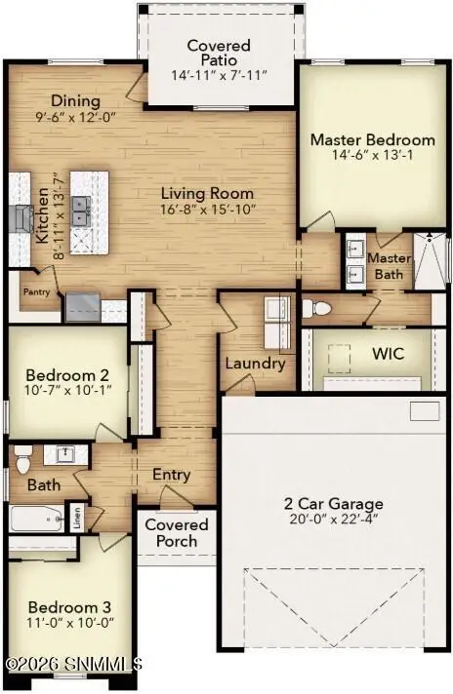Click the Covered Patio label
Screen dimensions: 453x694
(219, 53)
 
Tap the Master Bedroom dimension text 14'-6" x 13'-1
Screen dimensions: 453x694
(373, 155)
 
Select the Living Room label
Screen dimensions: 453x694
(207, 193)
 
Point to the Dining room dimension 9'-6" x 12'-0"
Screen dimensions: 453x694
(75, 117)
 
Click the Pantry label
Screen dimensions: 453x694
(36, 291)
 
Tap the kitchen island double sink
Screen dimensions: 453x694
(82, 212)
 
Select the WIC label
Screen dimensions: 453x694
(389, 354)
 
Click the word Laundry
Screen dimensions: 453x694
(255, 364)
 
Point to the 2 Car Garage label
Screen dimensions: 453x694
(333, 503)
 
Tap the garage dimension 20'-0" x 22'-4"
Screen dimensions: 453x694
(333, 519)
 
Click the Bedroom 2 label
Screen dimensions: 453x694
(67, 375)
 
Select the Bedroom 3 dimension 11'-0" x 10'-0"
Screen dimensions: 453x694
(70, 622)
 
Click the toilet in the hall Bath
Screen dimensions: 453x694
(23, 460)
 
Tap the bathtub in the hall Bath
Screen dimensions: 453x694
(37, 519)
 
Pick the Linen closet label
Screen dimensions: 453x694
(77, 517)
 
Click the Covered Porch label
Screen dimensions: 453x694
(177, 533)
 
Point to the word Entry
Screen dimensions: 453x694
(172, 475)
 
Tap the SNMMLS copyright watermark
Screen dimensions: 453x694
(74, 664)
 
